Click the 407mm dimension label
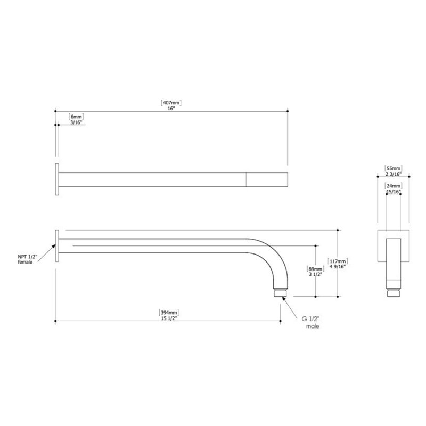[x=171, y=103]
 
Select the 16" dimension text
[x=171, y=109]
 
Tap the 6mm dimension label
[x=76, y=117]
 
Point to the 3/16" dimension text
[x=76, y=122]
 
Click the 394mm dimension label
[x=169, y=313]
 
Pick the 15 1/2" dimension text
[x=169, y=318]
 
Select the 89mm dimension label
[x=315, y=269]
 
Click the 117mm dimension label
[x=338, y=261]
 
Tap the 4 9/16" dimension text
[x=338, y=267]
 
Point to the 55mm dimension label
[x=394, y=168]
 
